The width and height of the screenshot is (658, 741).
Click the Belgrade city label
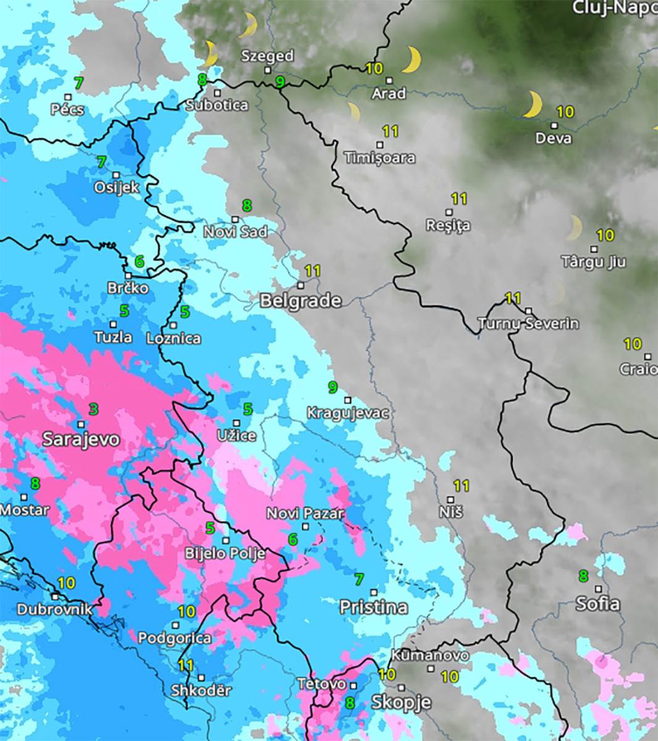point(300,301)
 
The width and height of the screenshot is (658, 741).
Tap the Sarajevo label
point(81,439)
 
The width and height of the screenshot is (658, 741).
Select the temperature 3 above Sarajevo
point(93,409)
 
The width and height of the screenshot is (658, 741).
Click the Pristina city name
point(374,607)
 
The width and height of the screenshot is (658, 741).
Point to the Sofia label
point(597,603)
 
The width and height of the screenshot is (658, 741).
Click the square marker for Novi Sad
point(235,219)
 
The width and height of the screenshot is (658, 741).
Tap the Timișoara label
point(379,158)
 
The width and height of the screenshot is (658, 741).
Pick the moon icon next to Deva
point(532,104)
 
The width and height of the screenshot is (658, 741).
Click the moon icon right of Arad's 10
point(412,60)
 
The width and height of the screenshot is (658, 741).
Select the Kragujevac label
point(348,412)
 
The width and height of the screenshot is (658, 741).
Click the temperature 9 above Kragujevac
point(332,387)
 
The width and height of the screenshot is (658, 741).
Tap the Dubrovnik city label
point(54,609)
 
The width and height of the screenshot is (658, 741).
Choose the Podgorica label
point(175,638)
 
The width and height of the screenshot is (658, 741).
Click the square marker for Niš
point(450,500)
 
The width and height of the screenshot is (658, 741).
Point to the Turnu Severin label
point(528,324)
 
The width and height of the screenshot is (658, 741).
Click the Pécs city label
point(67,110)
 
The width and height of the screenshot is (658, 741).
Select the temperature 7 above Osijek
point(102,163)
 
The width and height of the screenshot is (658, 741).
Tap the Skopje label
point(401,702)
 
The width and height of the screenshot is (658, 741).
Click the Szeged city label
point(267,56)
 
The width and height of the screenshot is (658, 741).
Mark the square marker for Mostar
point(24,497)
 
